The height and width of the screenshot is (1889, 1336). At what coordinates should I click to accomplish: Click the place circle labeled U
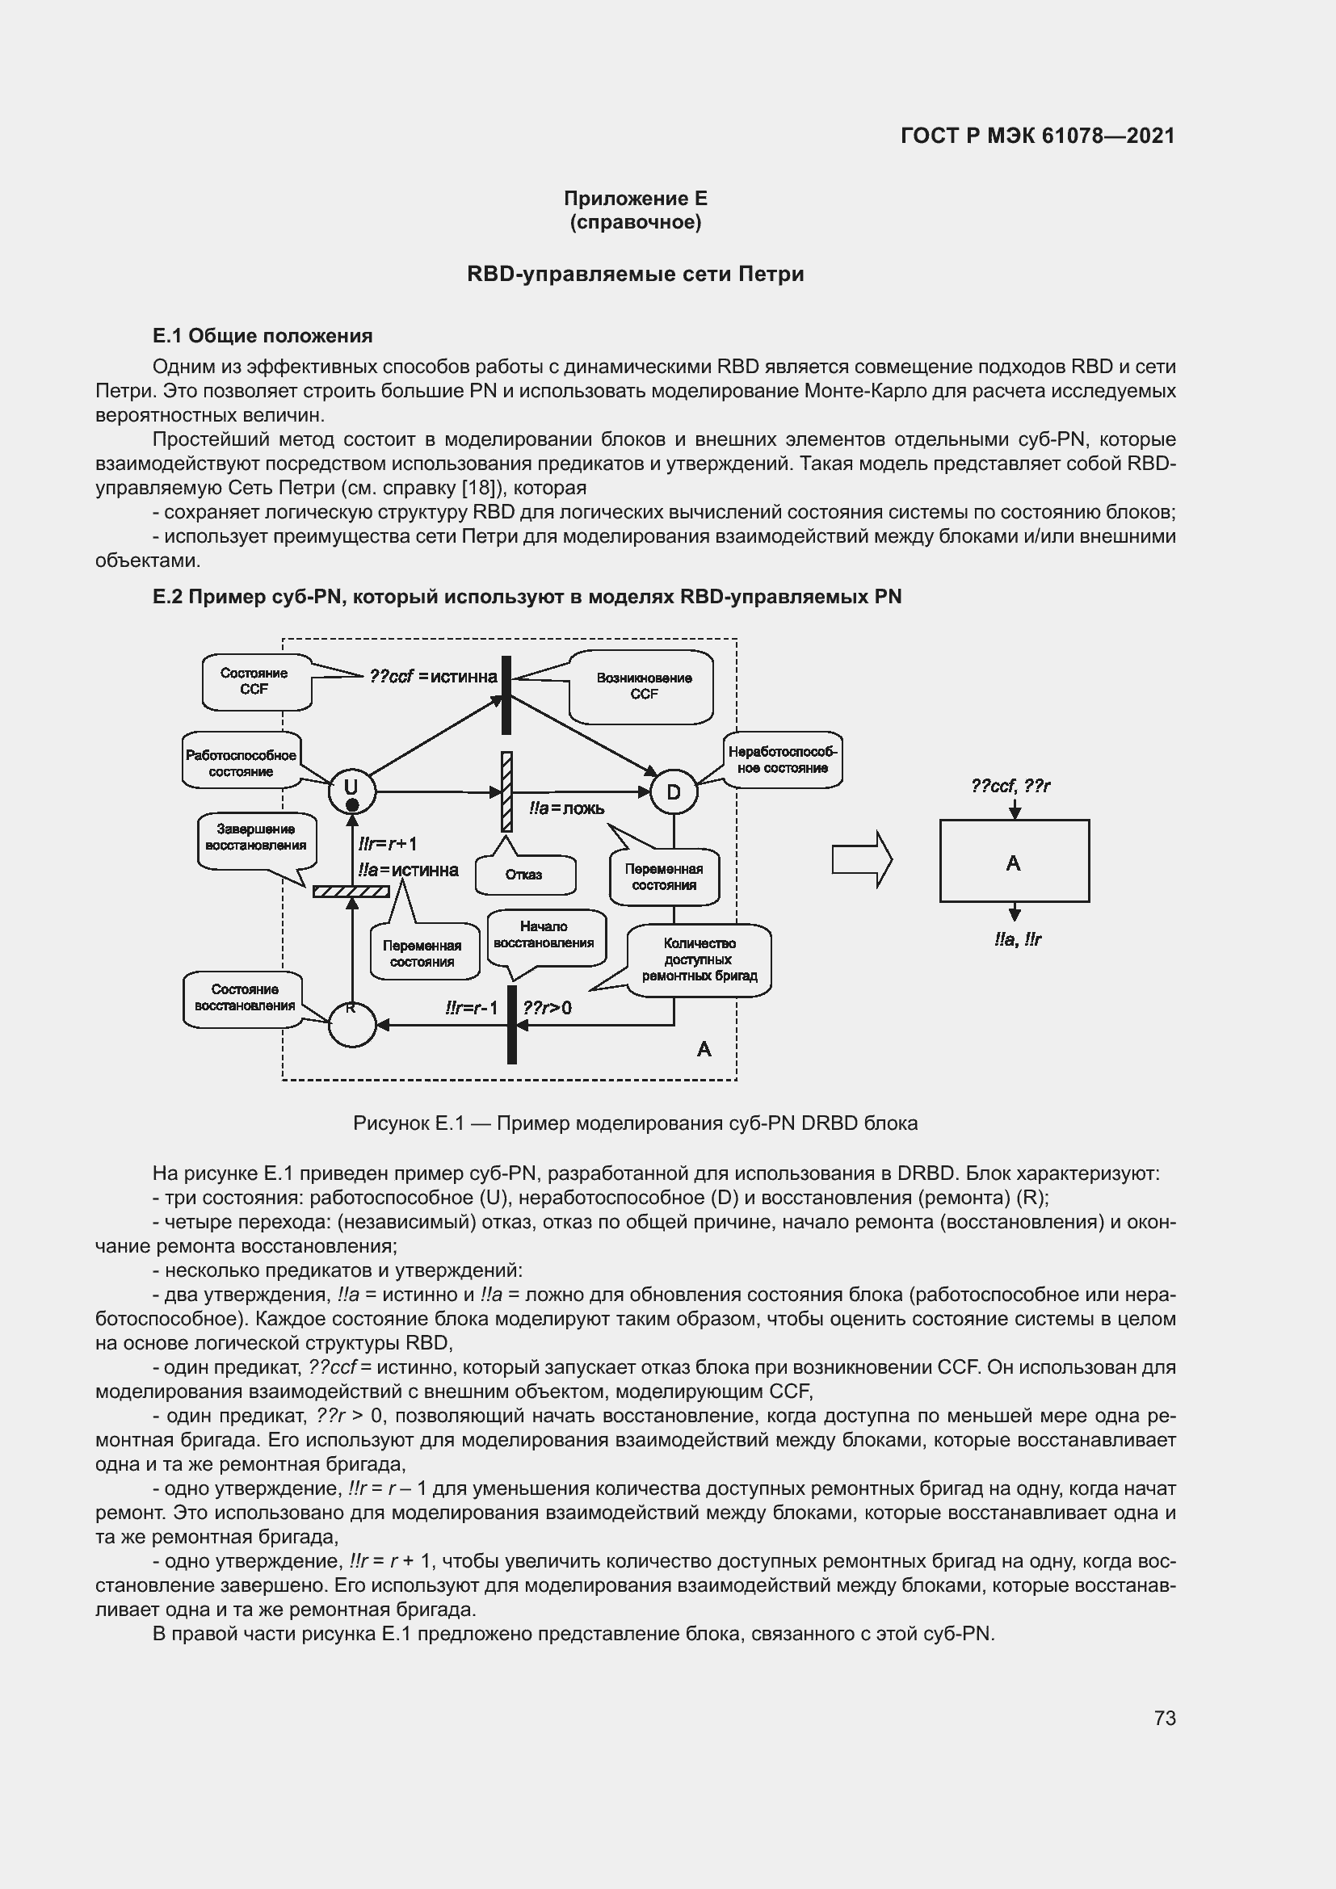[x=352, y=791]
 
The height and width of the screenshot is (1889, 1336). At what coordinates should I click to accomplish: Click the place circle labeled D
[x=674, y=792]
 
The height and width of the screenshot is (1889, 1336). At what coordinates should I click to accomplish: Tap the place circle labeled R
[x=352, y=1024]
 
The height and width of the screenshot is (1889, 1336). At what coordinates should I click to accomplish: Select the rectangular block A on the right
[x=1015, y=862]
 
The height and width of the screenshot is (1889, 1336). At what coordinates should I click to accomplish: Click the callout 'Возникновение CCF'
[x=643, y=686]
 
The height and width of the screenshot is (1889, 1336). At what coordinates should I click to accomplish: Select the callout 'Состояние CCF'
[x=255, y=682]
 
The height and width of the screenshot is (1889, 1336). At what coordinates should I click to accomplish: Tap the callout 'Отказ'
[x=524, y=875]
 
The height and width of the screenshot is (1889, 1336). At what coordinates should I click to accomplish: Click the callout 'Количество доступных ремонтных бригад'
[x=700, y=959]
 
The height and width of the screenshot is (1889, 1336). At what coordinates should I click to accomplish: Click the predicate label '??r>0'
[x=547, y=1008]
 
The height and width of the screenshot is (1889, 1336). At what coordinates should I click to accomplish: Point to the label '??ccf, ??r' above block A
[x=1010, y=787]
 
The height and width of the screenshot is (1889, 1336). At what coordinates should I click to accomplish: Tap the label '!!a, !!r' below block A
[x=1018, y=939]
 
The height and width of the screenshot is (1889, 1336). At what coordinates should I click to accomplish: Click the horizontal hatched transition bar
[x=351, y=891]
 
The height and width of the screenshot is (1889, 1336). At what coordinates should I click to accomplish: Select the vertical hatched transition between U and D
[x=506, y=791]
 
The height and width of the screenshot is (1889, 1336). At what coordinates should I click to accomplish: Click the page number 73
[x=1164, y=1718]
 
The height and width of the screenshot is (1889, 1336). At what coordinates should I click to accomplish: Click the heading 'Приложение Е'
[x=635, y=199]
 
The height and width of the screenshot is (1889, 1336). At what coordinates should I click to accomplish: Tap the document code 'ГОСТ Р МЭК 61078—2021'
[x=1037, y=136]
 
